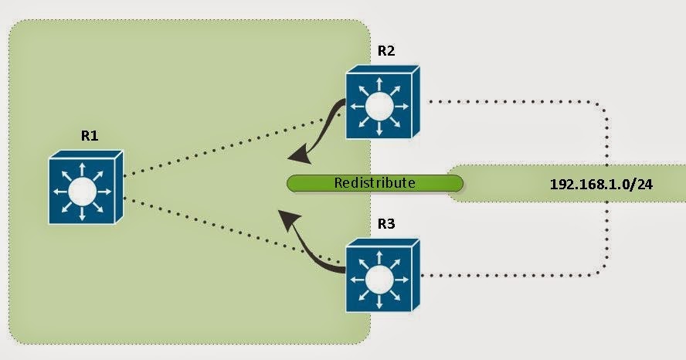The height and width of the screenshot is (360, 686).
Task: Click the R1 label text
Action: coord(90,136)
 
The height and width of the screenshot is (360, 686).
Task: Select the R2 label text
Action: coord(386,51)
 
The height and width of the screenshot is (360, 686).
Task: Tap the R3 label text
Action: coord(386,224)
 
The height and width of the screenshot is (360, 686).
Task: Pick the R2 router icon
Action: coord(382,102)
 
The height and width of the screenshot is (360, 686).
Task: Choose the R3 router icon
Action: coord(382,275)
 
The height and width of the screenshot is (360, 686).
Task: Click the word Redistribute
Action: coord(375,183)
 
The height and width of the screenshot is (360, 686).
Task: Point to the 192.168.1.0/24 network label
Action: coord(596,185)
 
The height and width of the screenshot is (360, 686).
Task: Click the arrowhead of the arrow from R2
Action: coord(297,157)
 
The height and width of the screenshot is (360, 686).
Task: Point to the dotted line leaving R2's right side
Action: coord(502,100)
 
